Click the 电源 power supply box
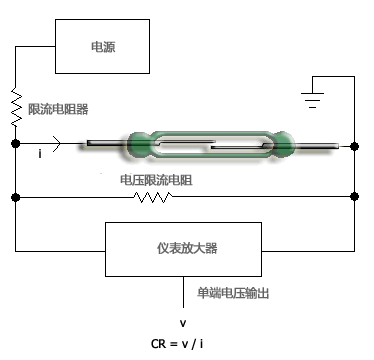coord(102,46)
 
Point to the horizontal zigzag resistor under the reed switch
coord(152,197)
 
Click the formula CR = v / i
coord(181,343)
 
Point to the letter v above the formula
coord(182,323)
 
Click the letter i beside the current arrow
coord(39,155)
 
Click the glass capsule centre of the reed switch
coord(210,144)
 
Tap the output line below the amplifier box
coord(183,293)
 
